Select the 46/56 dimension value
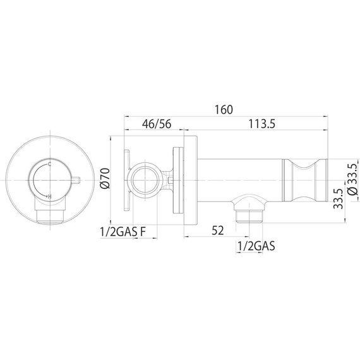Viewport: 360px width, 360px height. click(156, 124)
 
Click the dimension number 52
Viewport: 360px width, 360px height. click(218, 231)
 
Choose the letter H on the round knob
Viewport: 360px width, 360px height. click(49, 197)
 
